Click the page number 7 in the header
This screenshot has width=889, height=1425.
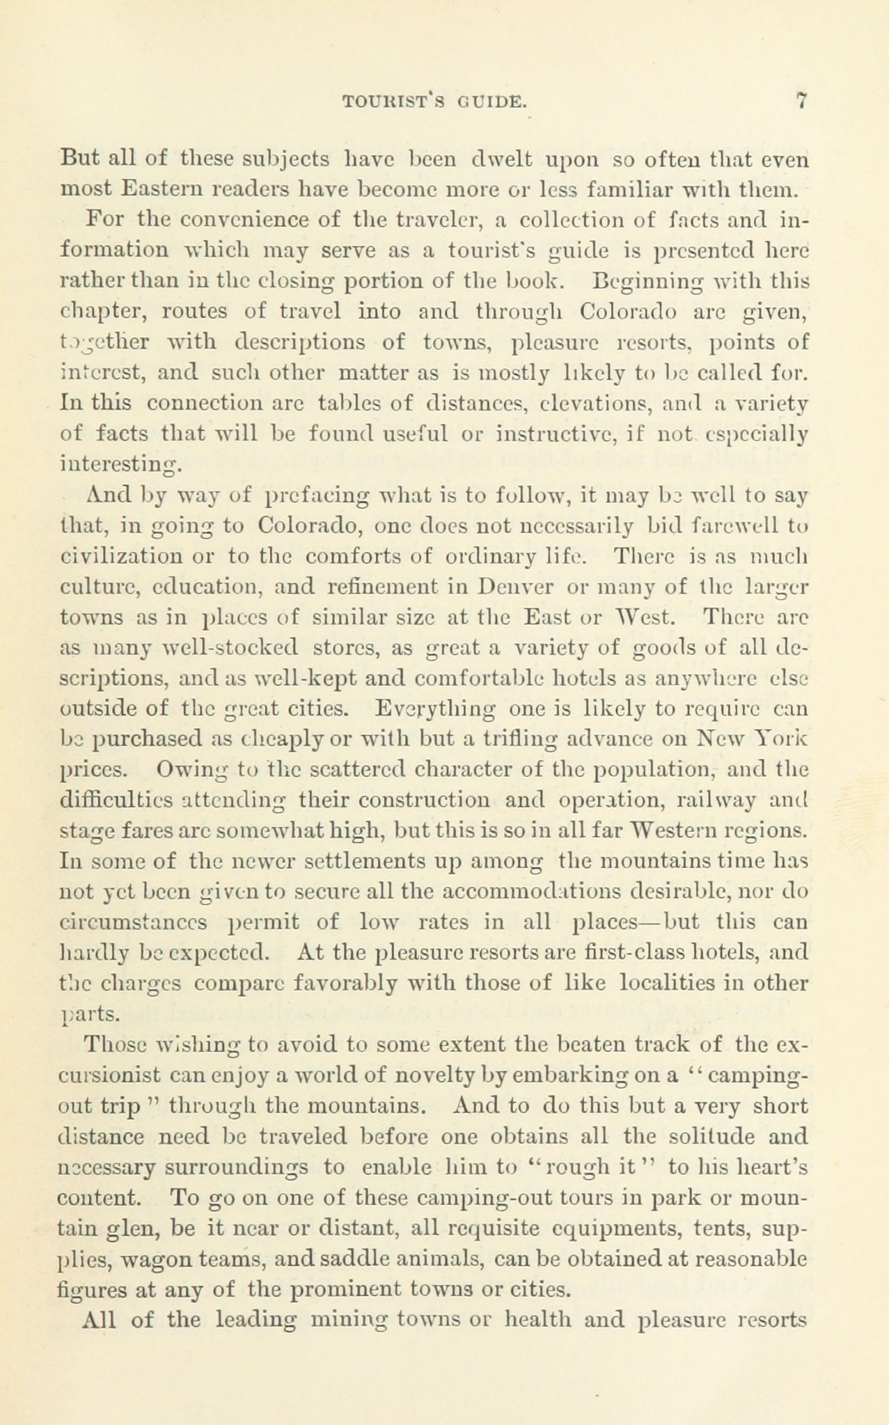coord(801,100)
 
